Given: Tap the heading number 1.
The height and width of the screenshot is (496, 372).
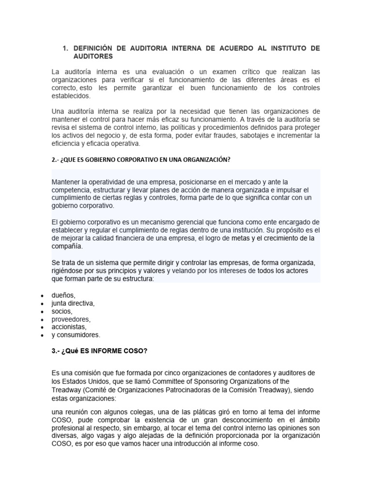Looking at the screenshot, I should coord(65,48).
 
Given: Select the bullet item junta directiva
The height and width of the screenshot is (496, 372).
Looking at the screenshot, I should coord(73,303).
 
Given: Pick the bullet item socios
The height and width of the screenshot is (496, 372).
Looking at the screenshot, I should coord(62,311).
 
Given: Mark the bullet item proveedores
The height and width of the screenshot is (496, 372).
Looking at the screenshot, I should coord(71,319).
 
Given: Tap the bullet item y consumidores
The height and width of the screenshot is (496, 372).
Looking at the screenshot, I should coord(76,335).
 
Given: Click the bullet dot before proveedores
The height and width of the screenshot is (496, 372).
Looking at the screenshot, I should coord(43,320).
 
